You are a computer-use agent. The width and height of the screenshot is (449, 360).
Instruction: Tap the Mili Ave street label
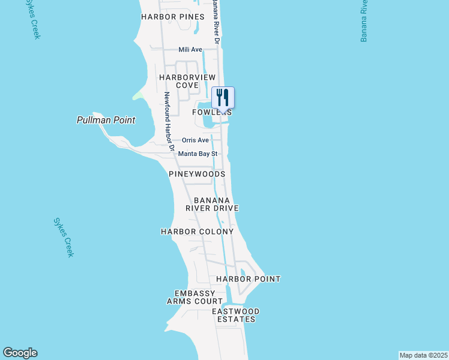point(190,49)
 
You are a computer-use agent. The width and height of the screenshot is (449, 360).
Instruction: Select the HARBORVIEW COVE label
point(178,81)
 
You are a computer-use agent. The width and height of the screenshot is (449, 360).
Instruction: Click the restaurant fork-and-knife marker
point(223,98)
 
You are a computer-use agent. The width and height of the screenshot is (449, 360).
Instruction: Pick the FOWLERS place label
point(212,113)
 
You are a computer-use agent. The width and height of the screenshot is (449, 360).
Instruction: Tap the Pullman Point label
point(106,120)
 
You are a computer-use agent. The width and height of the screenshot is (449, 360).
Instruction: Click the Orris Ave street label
point(195,140)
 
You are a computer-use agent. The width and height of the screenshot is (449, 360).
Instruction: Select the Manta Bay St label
point(197,154)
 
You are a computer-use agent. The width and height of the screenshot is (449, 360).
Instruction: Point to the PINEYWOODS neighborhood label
point(197,174)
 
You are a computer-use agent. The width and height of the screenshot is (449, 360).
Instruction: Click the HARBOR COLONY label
point(197,232)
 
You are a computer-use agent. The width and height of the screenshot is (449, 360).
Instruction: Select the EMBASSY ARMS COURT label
point(194,297)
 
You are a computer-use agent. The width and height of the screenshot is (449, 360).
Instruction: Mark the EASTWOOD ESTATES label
point(236,315)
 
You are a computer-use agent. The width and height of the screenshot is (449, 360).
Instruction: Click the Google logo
point(20,353)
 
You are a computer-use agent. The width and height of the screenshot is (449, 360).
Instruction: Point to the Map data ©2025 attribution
point(423,355)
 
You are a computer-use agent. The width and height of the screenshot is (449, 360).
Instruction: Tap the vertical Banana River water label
point(364,21)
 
